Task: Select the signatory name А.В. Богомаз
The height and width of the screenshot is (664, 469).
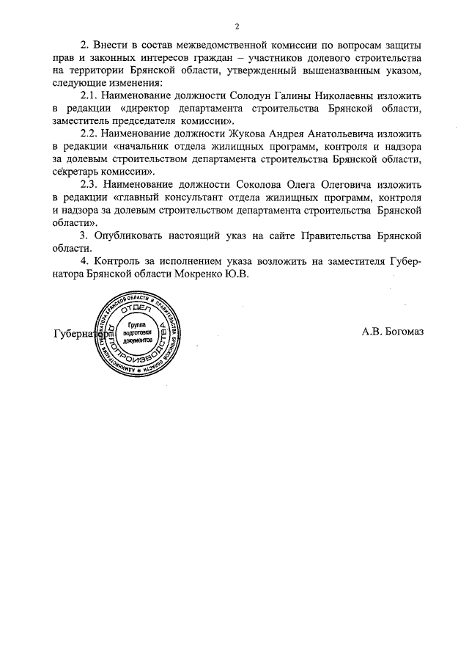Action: [x=392, y=330]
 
